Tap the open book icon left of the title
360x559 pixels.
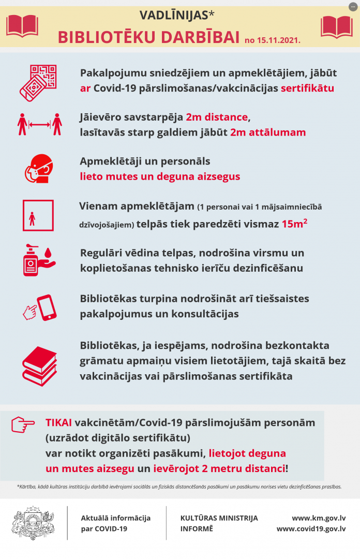[22, 26]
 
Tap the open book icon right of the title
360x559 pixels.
[336, 26]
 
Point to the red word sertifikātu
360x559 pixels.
[307, 88]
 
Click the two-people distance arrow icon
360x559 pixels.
[39, 124]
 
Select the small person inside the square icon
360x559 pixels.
[33, 219]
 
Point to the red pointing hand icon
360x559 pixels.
[23, 424]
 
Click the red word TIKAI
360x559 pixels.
[58, 422]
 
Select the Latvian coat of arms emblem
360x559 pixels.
[33, 523]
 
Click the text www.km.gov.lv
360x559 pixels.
[319, 518]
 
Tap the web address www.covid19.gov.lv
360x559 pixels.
[311, 528]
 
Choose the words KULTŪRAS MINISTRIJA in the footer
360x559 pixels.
[219, 518]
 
